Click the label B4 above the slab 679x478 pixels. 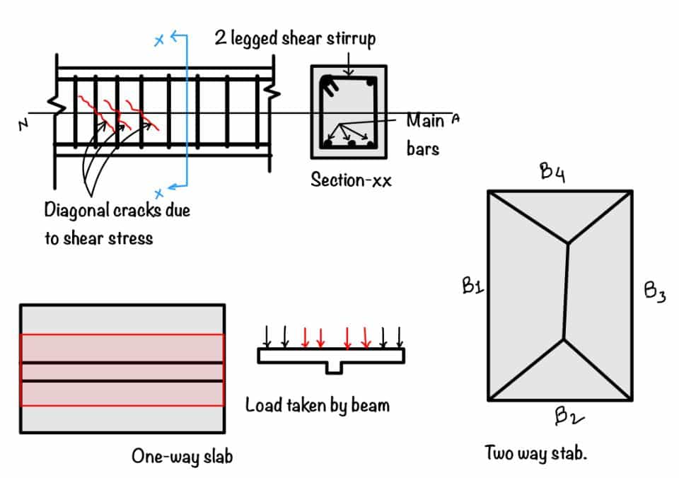(553, 174)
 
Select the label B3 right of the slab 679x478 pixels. (654, 293)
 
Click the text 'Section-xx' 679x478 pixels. (350, 180)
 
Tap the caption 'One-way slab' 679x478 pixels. (182, 456)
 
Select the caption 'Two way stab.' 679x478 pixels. (535, 453)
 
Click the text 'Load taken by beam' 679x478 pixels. (317, 405)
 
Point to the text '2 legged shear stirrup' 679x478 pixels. (295, 38)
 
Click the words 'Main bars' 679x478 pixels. (424, 134)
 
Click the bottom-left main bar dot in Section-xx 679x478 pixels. (327, 144)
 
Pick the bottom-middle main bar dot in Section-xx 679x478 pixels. (352, 144)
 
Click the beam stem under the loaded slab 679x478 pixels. (332, 368)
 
